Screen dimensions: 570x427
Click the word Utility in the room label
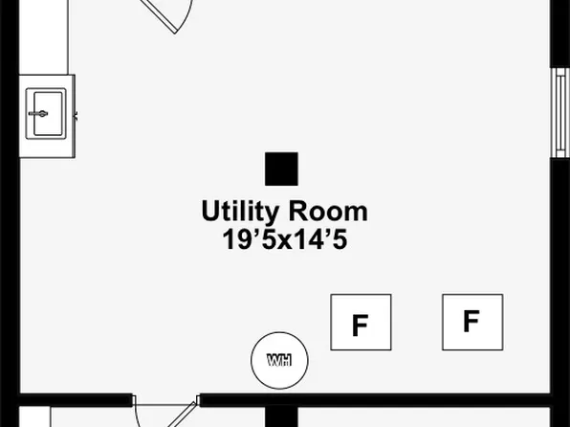[240, 212]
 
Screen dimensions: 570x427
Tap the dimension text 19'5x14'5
[285, 239]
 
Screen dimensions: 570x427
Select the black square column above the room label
[281, 169]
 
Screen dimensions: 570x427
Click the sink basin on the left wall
[46, 114]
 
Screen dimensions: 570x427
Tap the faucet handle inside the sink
[38, 114]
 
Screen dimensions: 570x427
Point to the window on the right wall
[560, 113]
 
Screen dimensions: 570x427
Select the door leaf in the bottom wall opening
[183, 415]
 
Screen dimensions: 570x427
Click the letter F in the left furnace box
[361, 326]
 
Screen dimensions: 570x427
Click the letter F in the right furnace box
[471, 322]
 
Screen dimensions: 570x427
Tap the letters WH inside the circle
[279, 360]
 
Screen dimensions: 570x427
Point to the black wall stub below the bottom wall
[281, 416]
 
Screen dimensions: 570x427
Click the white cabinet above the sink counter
[44, 37]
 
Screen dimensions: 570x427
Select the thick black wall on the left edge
[10, 213]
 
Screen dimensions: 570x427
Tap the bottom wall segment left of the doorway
[76, 399]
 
